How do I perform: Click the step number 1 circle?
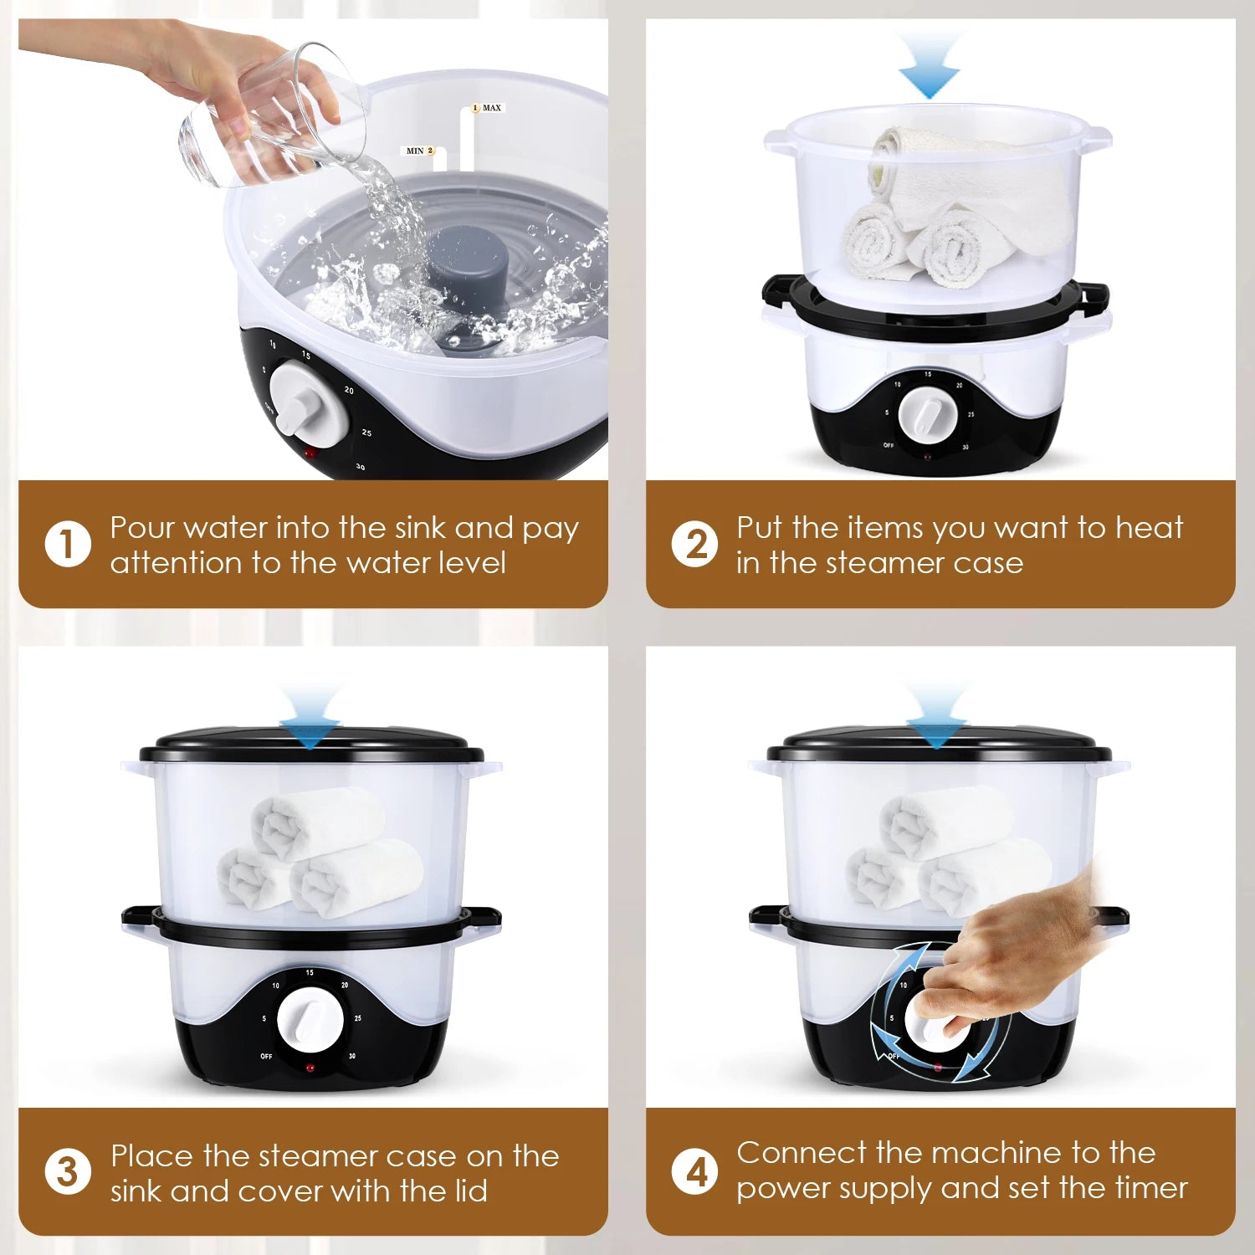coord(67,544)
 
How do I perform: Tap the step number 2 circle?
coord(694,544)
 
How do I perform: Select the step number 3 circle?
coord(67,1171)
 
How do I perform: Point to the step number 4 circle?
coord(694,1171)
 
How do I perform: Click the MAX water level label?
coord(487,108)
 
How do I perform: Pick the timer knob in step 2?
coord(925,415)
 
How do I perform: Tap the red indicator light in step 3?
coord(310,1068)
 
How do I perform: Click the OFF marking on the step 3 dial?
coord(266,1057)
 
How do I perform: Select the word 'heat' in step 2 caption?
coord(1150,527)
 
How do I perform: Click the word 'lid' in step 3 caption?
coord(469,1190)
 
